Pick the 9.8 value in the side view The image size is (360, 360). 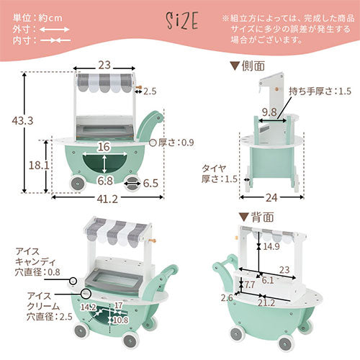point(269,112)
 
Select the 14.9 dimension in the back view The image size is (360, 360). point(271,246)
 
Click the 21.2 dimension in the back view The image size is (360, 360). point(268,304)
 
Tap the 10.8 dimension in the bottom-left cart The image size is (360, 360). point(122,319)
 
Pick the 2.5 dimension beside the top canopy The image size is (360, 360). point(149,91)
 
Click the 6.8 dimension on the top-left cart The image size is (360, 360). point(105,181)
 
